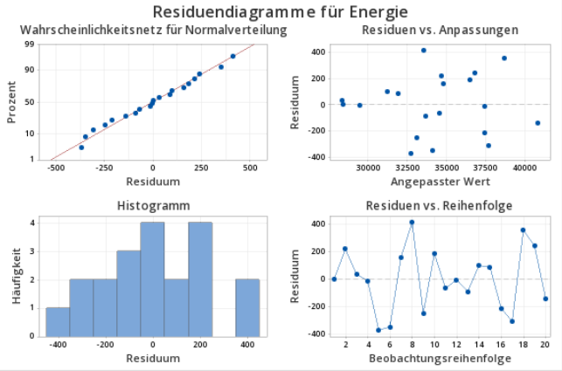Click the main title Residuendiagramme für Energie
click(280, 12)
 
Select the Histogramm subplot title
click(152, 206)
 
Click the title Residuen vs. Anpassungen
click(440, 31)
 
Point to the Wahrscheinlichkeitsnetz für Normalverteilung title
click(154, 31)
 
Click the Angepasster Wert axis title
click(440, 182)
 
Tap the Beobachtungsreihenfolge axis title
click(440, 359)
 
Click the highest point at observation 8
click(412, 223)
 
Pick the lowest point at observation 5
click(378, 330)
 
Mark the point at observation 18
click(523, 230)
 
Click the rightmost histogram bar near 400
click(247, 307)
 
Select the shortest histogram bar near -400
click(58, 321)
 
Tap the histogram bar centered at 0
click(152, 279)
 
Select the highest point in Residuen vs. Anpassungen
click(424, 51)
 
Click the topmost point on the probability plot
click(232, 57)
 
